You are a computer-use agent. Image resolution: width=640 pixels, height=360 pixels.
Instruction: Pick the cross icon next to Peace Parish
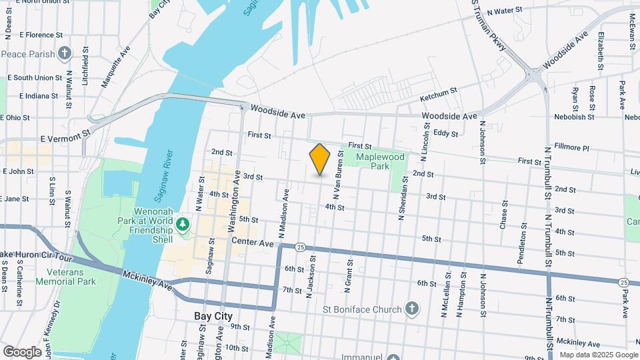pos(65,52)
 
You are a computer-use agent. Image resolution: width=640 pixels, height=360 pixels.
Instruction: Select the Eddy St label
pos(445,133)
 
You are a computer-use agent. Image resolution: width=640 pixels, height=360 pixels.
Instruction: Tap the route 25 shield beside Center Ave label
pos(301,247)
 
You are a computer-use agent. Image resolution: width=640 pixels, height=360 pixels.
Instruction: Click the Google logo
pos(22,351)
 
